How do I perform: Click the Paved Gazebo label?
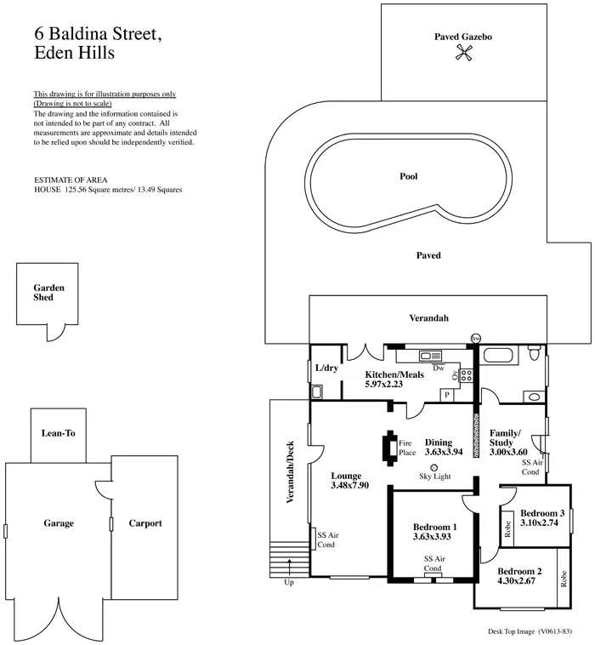[463, 37]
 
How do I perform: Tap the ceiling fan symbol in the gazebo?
[463, 54]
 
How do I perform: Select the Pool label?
[409, 177]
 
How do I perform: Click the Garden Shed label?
[43, 293]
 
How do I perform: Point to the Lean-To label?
[59, 433]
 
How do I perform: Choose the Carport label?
[144, 523]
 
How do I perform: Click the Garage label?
[59, 523]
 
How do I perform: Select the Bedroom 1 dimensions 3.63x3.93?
[434, 537]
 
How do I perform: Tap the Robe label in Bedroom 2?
[563, 579]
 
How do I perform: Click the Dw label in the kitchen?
[439, 368]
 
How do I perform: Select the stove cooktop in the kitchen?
[466, 374]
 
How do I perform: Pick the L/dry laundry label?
[326, 368]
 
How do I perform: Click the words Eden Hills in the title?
[75, 52]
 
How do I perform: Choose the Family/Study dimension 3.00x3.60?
[509, 453]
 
